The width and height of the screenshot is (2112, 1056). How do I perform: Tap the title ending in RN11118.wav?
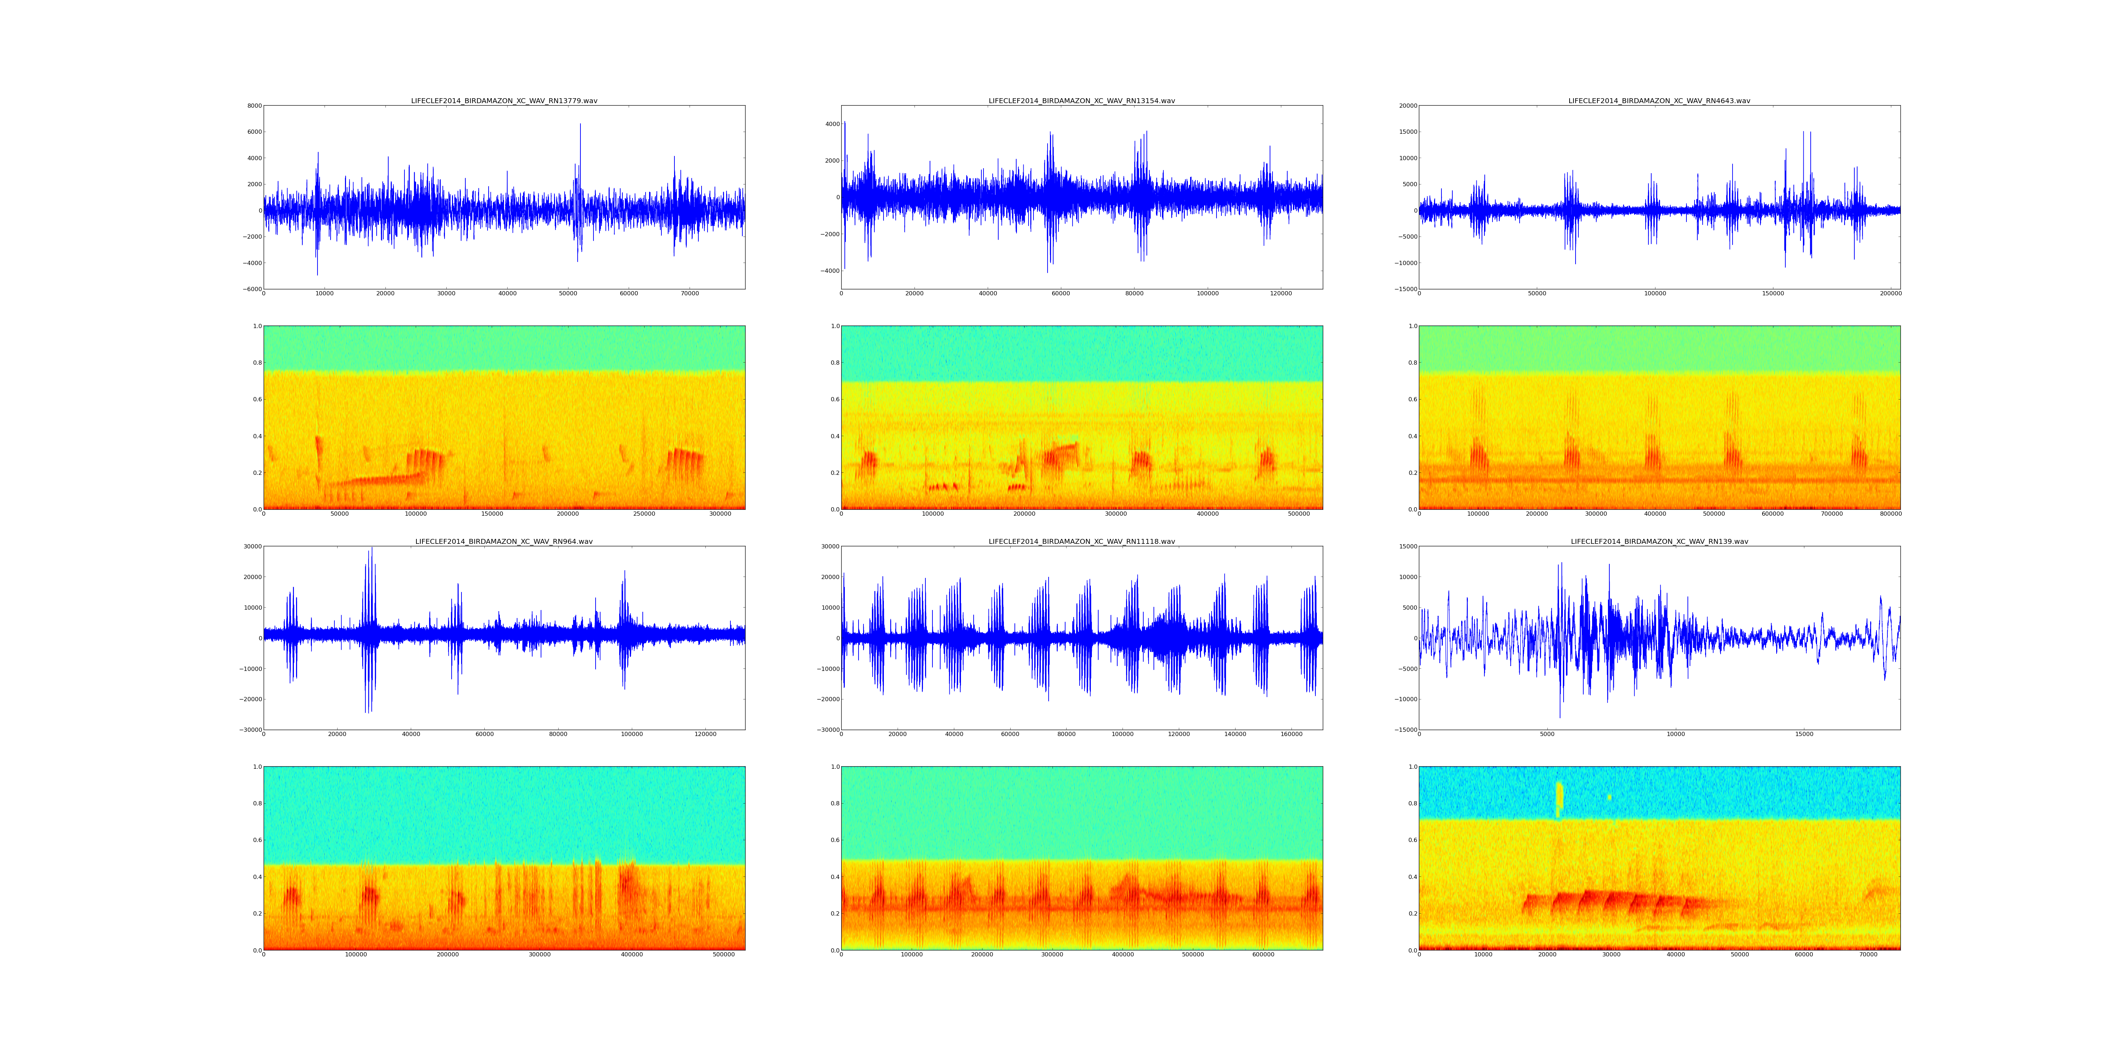[1081, 542]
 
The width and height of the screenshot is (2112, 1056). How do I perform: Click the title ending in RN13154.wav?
[1081, 101]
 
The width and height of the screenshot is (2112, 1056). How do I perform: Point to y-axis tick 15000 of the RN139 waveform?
[1407, 547]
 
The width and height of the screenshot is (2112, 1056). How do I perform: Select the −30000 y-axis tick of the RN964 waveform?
[249, 730]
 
